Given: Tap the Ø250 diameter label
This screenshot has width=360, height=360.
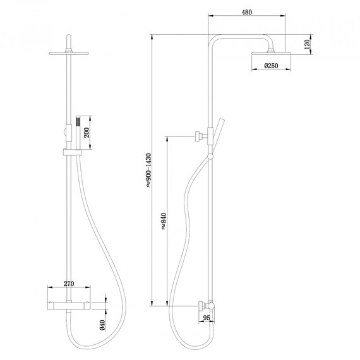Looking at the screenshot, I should [x=271, y=66].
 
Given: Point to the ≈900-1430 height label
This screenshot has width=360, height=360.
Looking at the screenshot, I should [x=148, y=171].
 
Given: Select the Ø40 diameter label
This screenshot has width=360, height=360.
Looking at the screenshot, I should [x=102, y=326].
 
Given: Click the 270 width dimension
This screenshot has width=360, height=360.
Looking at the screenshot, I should [x=70, y=284].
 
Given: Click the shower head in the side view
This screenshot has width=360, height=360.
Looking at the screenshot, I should [x=271, y=56].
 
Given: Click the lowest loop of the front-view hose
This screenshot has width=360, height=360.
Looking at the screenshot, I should [x=95, y=344].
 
